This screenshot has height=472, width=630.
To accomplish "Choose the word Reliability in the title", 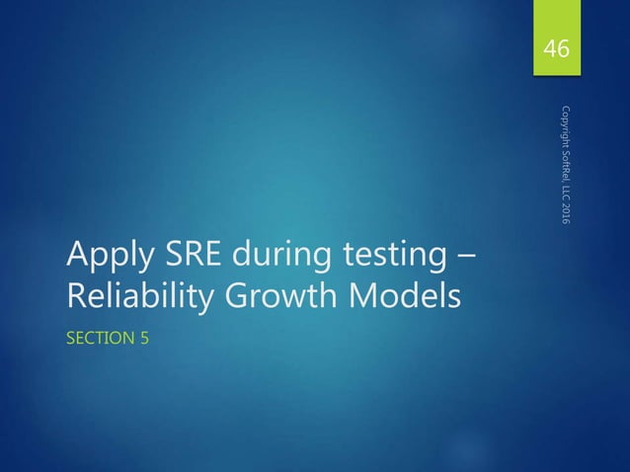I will point(136,297).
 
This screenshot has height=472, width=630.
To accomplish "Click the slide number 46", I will point(558,48).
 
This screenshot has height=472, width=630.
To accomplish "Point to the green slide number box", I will point(558,39).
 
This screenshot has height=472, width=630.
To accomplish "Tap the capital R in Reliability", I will point(76,296).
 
